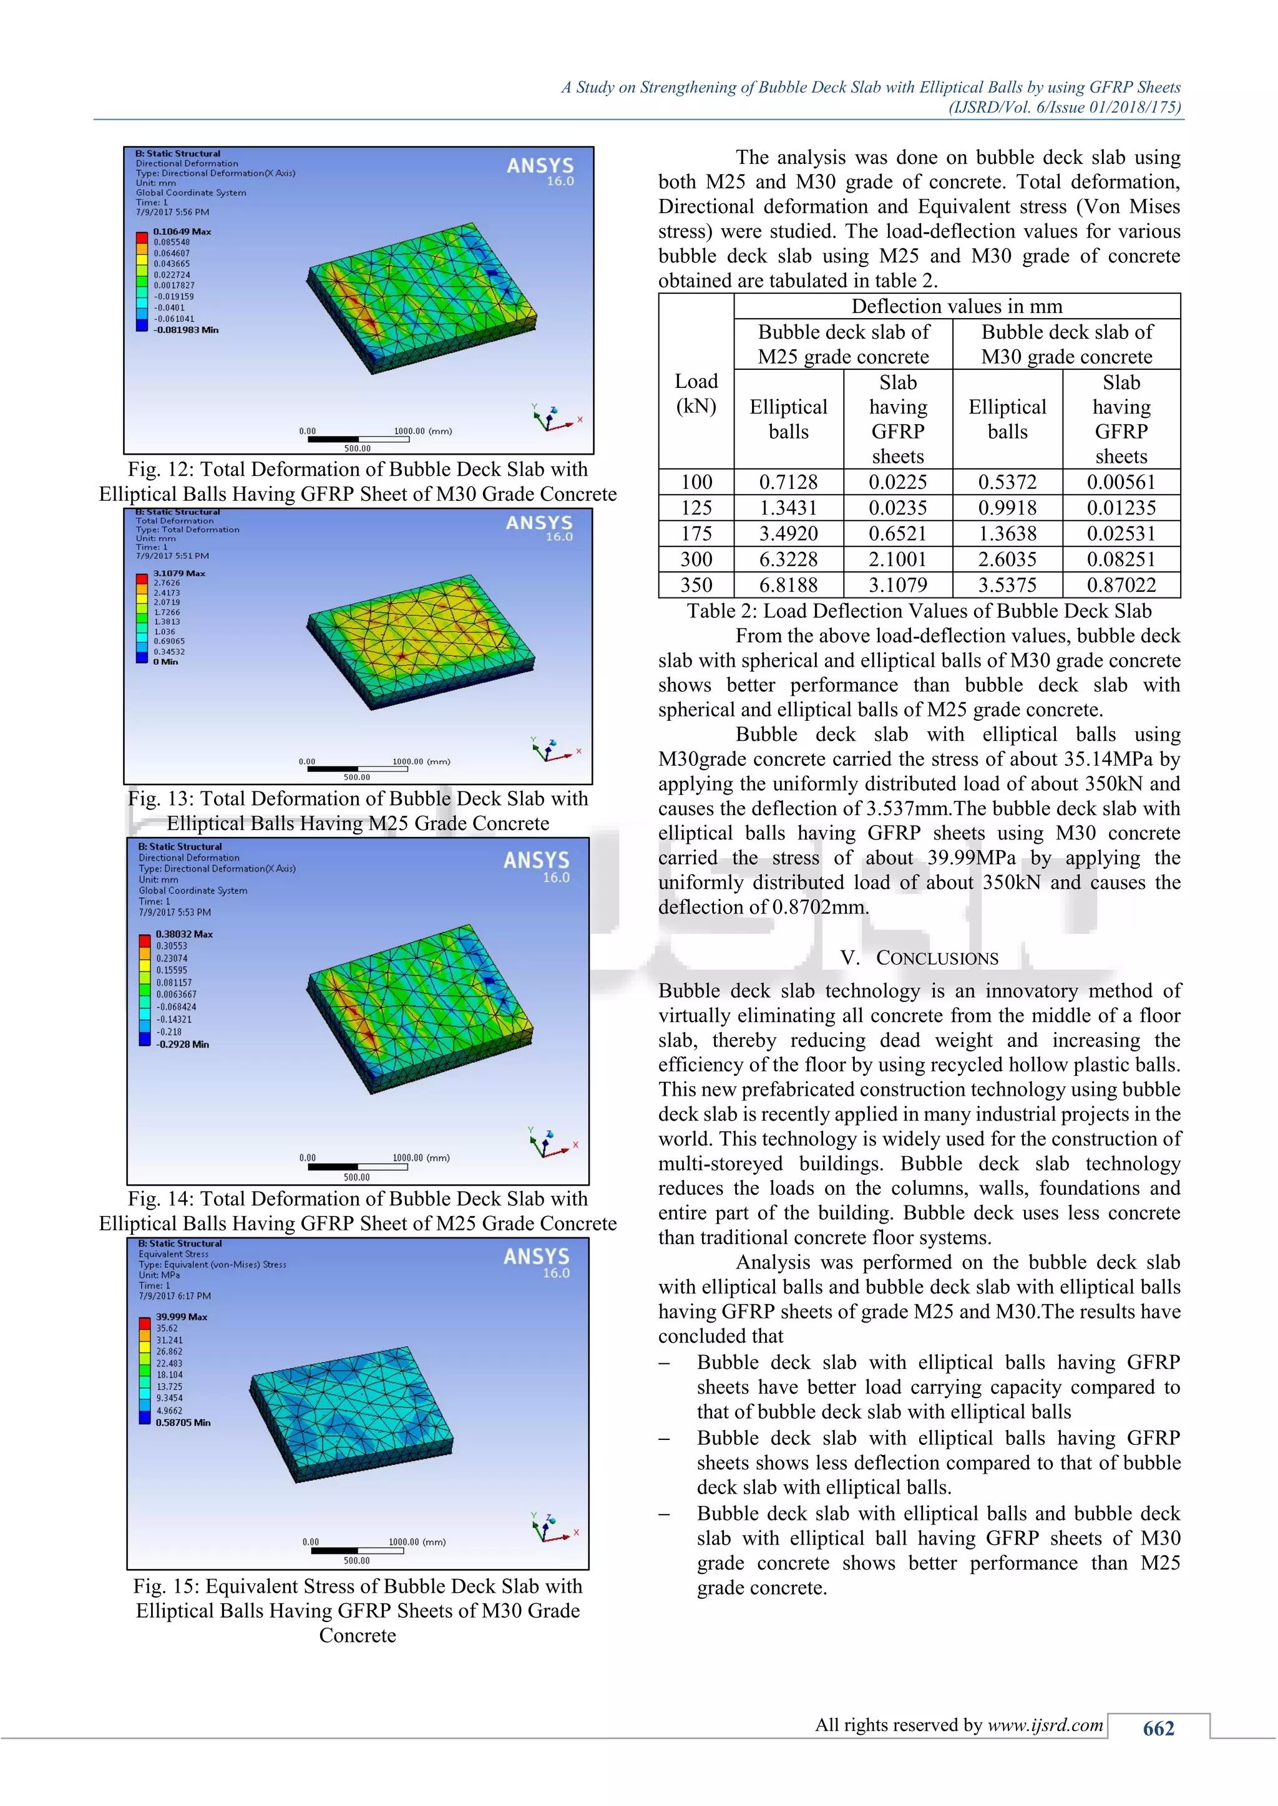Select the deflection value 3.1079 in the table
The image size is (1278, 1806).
pos(898,585)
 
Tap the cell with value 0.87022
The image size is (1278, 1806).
pos(1121,585)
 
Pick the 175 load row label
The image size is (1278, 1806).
pos(696,534)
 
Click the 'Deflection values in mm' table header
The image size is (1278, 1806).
pos(956,306)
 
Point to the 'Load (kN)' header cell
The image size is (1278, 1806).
pos(696,394)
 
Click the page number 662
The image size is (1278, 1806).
pos(1158,1728)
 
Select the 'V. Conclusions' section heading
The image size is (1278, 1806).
pos(919,958)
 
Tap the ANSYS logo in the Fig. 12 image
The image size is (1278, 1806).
pos(540,166)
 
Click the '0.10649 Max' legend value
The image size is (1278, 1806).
pos(182,232)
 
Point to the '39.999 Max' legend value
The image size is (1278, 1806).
pos(181,1316)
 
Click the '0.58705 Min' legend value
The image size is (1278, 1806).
pos(183,1422)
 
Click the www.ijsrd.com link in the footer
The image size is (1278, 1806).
pos(1045,1725)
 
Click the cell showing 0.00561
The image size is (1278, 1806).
pos(1121,482)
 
